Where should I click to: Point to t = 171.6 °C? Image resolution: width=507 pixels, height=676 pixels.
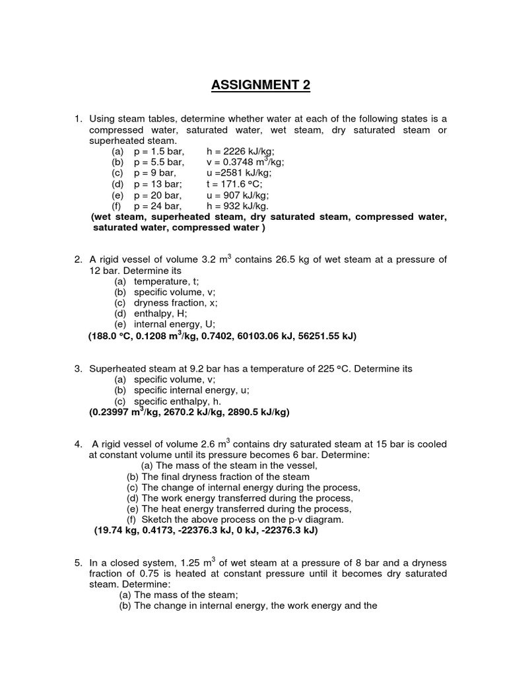pos(233,184)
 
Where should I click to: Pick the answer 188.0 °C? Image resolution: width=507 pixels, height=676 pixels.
pos(110,336)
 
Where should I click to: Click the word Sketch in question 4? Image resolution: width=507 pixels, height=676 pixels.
pos(157,519)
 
